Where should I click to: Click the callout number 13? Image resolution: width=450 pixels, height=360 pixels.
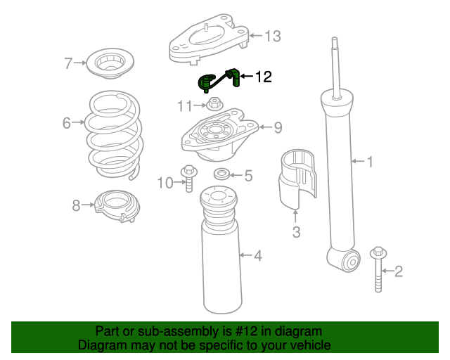(x=273, y=37)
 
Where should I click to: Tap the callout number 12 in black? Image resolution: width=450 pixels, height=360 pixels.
(x=264, y=77)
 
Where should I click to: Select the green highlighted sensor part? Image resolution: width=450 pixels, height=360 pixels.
(x=219, y=80)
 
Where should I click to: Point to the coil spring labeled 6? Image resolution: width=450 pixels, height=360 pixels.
(x=115, y=135)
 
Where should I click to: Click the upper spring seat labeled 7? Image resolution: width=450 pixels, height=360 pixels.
(x=110, y=63)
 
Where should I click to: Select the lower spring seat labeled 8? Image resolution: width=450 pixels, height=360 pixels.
(x=117, y=205)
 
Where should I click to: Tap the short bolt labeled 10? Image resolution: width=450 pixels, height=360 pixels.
(x=189, y=179)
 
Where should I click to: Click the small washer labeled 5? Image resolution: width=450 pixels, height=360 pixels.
(x=221, y=174)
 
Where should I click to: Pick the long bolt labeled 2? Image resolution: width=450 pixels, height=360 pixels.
(x=378, y=269)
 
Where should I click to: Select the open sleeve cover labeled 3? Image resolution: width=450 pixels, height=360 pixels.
(x=298, y=178)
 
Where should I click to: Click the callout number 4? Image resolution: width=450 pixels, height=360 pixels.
(x=258, y=255)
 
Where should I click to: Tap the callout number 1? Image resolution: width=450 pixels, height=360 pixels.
(x=371, y=162)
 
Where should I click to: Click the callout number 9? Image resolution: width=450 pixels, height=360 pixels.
(x=278, y=127)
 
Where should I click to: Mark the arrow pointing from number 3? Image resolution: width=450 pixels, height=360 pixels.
(x=295, y=217)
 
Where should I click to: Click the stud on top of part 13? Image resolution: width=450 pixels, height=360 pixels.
(x=206, y=28)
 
